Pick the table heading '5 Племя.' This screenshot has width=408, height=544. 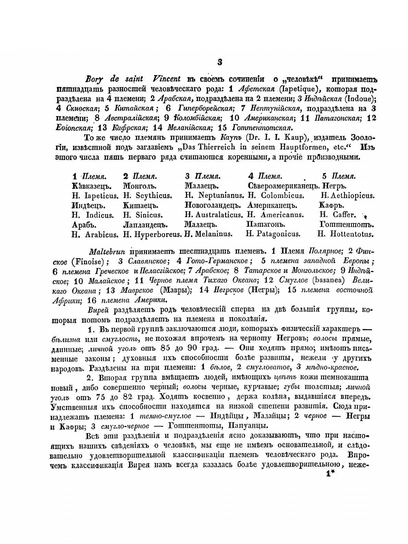click(x=339, y=177)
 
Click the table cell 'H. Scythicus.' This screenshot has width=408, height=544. click(x=148, y=196)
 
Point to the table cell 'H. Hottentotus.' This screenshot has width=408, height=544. click(x=346, y=235)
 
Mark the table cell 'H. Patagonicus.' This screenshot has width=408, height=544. click(x=273, y=235)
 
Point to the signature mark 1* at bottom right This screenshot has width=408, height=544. click(x=330, y=474)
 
